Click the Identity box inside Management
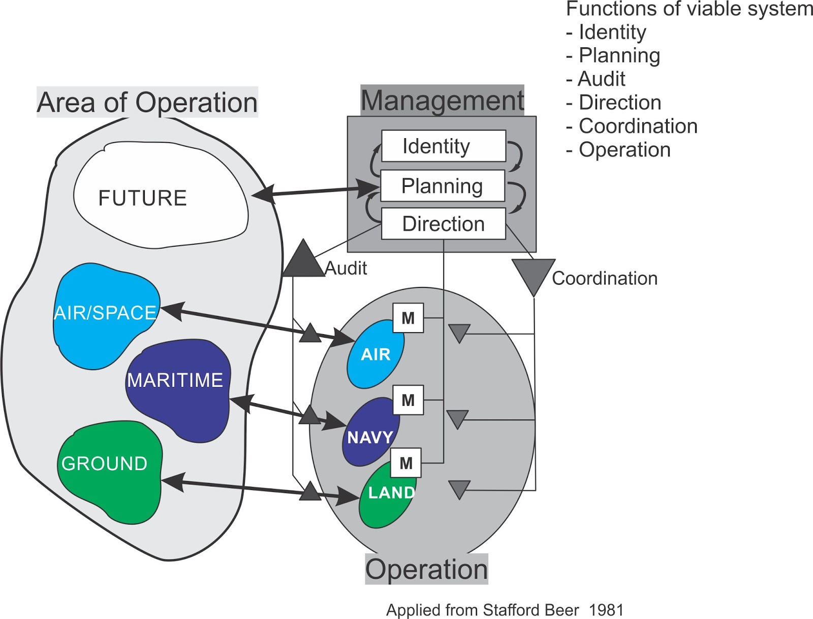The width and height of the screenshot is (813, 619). coord(443,146)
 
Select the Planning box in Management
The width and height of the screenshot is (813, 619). coord(442,186)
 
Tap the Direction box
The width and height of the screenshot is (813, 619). coord(443,223)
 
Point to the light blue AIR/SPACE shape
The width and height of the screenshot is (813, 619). coord(104,315)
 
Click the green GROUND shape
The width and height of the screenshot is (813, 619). coord(109,472)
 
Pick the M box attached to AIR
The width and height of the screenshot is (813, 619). coord(408,318)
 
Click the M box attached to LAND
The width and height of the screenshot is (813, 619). coord(405,463)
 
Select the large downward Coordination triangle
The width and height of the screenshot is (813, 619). coord(533,274)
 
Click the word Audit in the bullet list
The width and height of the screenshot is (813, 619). coord(602,79)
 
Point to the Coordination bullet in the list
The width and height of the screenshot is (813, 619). coord(638,126)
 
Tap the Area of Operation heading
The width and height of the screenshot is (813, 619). coord(147,103)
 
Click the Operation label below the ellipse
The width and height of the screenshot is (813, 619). coord(426,569)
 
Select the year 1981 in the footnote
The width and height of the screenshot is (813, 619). coord(606,610)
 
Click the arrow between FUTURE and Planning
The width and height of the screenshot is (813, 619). coord(315,191)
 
